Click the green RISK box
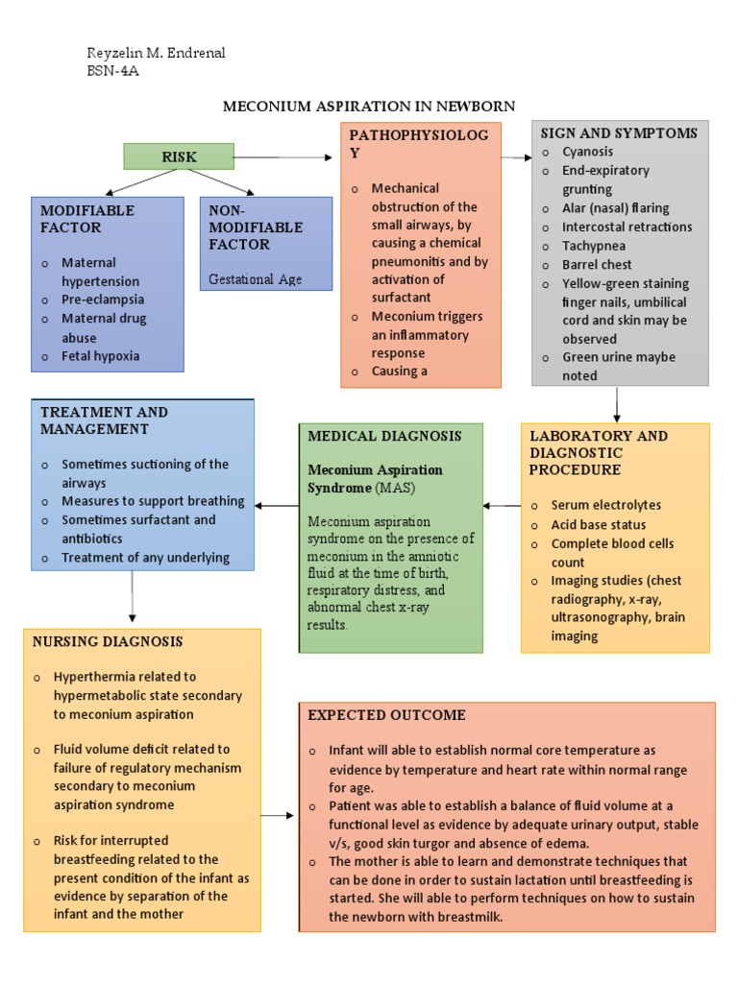(179, 156)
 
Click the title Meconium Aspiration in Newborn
(369, 106)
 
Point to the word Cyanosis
(587, 152)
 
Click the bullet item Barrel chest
(597, 264)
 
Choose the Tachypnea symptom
(594, 246)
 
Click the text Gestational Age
(256, 279)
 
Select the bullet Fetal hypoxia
(100, 356)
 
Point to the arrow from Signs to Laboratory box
(616, 404)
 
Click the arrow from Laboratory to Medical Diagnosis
(502, 505)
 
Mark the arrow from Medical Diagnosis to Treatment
(277, 505)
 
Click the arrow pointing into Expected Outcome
(278, 816)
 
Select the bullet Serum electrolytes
(605, 505)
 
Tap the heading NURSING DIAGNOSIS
(108, 641)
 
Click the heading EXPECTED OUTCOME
(386, 715)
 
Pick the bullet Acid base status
(598, 525)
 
